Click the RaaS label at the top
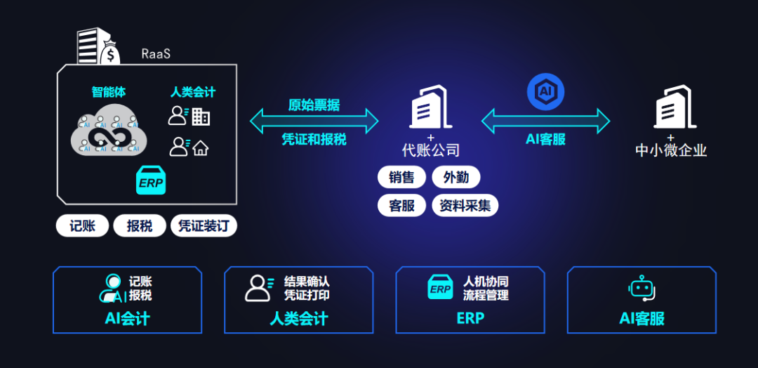pos(156,53)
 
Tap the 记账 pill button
pos(83,226)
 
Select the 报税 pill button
pos(140,226)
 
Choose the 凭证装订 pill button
pos(204,226)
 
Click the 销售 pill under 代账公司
pos(401,178)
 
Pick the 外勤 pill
pos(456,178)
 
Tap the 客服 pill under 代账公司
pos(401,205)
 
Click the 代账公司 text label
pos(431,150)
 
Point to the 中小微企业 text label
pos(671,150)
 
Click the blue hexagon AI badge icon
pos(545,92)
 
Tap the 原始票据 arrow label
pos(314,105)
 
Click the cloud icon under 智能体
pos(109,131)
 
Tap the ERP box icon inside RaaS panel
pos(150,182)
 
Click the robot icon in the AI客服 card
pos(641,289)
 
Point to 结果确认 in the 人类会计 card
pos(307,282)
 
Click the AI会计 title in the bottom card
pos(127,318)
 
